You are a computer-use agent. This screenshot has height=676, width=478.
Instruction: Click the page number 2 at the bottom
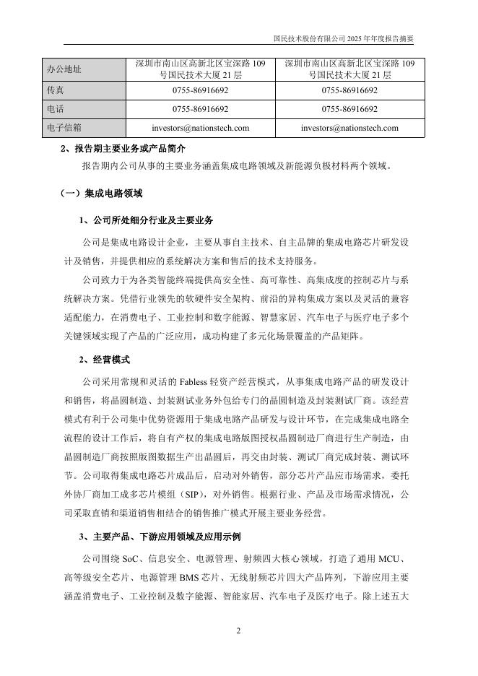click(x=238, y=630)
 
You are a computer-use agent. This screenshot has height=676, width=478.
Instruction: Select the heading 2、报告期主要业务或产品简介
click(x=123, y=149)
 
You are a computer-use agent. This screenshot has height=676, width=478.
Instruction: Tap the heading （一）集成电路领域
click(x=101, y=194)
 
